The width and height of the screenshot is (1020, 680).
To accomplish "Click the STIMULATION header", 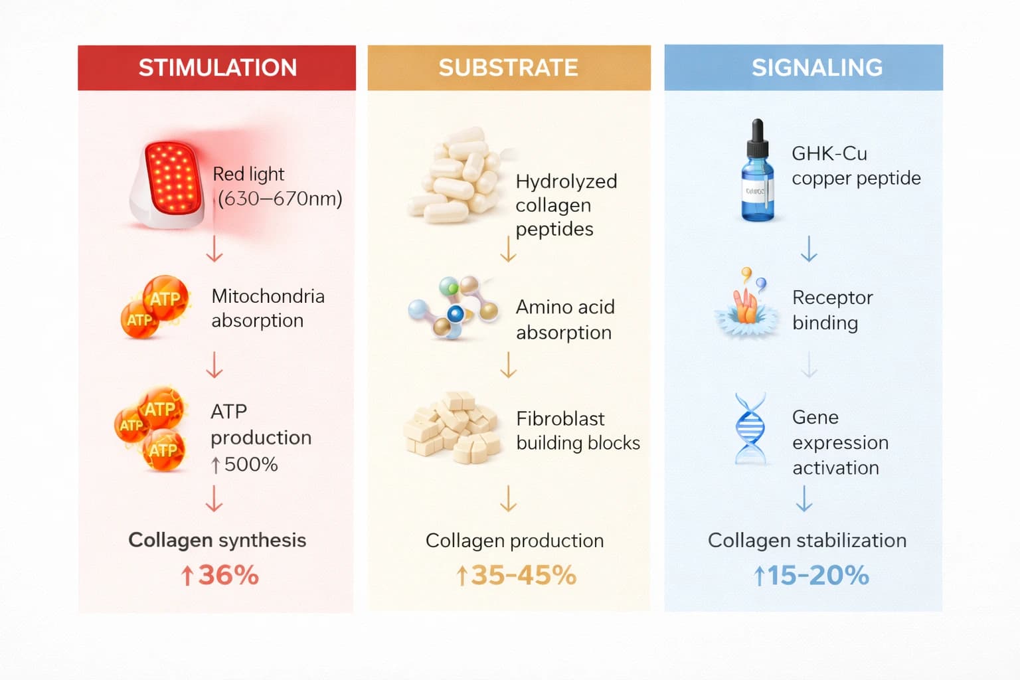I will coord(217,68).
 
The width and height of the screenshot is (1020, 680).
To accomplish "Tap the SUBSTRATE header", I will coord(508,68).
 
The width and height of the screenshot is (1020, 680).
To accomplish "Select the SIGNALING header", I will coord(817,68).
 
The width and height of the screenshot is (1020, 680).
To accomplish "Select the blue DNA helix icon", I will coord(750,428).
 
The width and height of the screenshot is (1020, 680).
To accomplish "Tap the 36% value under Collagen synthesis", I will coord(228,575).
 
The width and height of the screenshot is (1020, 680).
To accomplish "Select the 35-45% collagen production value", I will coord(523,575).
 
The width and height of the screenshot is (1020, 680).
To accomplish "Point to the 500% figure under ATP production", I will coord(250,464).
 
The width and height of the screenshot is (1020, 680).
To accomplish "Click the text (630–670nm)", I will coord(280,199).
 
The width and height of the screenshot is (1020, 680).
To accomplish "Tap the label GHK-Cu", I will coord(829,153).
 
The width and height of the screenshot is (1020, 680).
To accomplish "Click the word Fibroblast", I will coord(560,419).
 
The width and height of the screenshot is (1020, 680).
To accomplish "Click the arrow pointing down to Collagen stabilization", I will coord(804,499).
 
